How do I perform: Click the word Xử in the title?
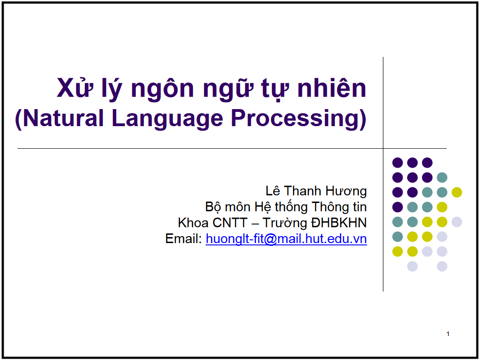click(x=75, y=87)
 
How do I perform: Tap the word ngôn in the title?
click(x=163, y=90)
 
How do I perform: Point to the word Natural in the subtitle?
click(x=63, y=118)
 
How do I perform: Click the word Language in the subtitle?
click(x=167, y=119)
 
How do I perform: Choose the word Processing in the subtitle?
click(x=294, y=119)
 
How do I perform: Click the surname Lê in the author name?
click(x=273, y=191)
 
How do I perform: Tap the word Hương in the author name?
click(x=346, y=192)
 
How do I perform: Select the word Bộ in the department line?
click(x=213, y=207)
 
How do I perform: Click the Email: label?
click(x=183, y=238)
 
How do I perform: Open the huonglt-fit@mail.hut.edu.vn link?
click(x=286, y=239)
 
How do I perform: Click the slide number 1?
click(x=448, y=334)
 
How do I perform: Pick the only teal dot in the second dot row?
click(x=442, y=177)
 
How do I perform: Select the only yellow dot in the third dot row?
click(x=457, y=192)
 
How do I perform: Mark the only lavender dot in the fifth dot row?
click(x=457, y=222)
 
